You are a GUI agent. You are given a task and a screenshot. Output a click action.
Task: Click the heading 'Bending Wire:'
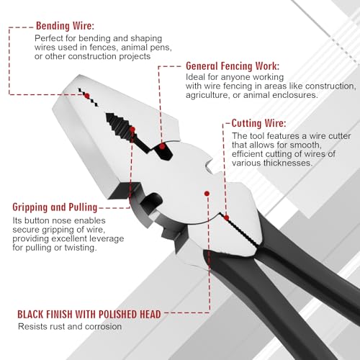65,26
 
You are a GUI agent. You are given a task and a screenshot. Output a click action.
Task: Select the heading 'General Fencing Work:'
233,66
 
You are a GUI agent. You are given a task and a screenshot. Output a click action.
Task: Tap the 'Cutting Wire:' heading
259,123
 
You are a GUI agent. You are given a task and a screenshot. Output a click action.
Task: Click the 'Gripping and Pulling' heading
55,207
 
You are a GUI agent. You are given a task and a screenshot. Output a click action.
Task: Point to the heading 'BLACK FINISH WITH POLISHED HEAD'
89,314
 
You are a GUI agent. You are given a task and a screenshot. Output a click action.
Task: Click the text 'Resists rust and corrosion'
70,326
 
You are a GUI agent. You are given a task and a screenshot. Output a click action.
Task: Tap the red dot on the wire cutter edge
226,217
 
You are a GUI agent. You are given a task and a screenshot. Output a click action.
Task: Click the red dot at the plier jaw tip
87,96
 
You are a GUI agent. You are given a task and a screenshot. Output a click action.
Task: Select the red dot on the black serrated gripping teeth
132,130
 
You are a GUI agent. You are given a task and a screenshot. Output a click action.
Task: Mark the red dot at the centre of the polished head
207,194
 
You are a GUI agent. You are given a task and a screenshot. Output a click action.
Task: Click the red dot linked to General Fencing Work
163,146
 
